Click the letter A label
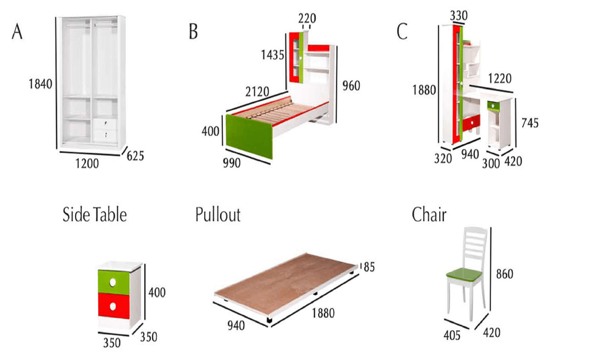pos(17,32)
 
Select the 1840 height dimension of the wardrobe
pos(41,84)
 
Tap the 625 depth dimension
pos(135,156)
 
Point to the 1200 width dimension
pos(87,165)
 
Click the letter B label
pos(193,32)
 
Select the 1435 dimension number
pos(273,55)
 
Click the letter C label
pos(402,32)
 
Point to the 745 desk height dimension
pos(530,123)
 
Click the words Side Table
pos(94,215)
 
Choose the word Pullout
pos(217,215)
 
